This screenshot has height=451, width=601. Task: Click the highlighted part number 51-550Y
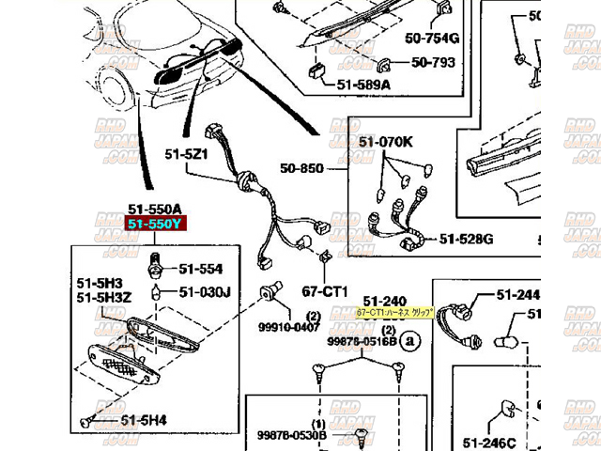pos(155,225)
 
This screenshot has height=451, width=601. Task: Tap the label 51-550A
pos(155,209)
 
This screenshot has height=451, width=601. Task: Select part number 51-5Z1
pos(185,154)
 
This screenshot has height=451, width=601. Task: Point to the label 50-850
pos(300,169)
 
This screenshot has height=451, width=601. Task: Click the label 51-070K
pos(385,142)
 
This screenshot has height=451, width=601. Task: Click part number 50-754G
pos(432,39)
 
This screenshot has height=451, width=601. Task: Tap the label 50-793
pos(431,64)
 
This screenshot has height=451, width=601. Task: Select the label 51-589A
pos(364,84)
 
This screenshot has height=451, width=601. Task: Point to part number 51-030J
pos(206,291)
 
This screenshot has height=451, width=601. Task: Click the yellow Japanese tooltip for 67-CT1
pos(395,313)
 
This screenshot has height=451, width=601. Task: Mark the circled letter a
pos(408,343)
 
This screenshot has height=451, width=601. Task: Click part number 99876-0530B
pos(291,435)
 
